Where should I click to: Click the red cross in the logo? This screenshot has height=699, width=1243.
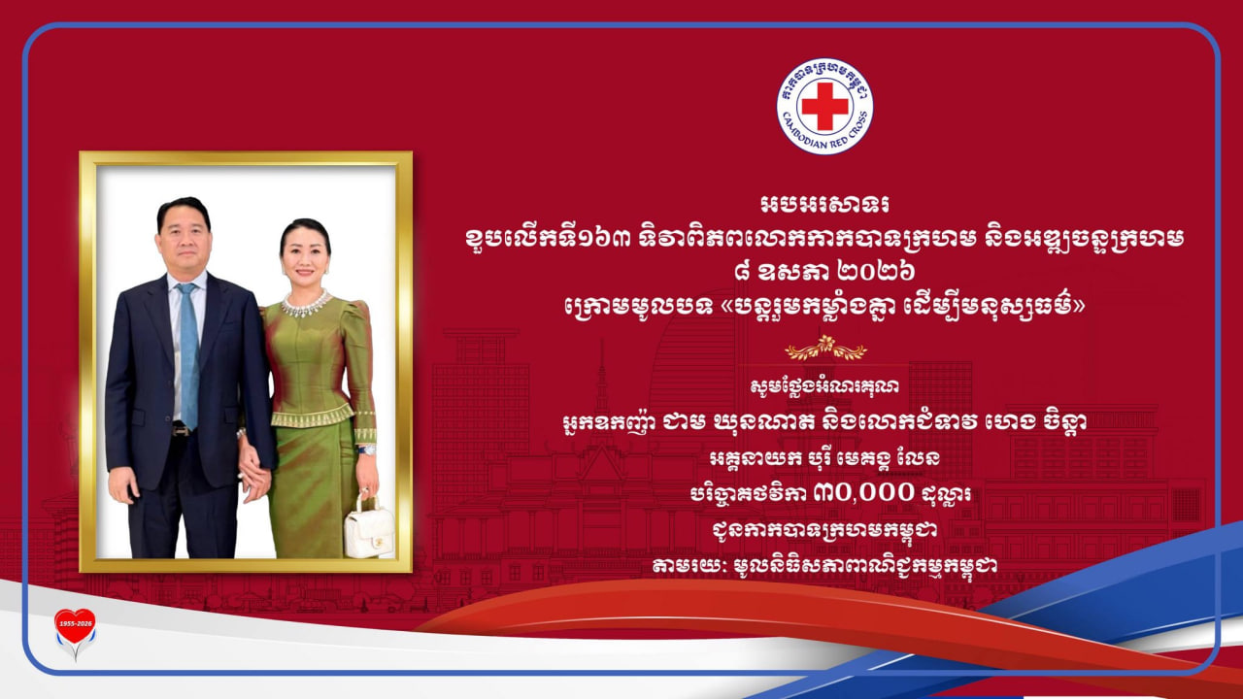pyautogui.click(x=824, y=106)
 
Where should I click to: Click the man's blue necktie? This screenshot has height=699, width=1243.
pyautogui.click(x=188, y=355)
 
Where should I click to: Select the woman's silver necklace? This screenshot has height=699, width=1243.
pyautogui.click(x=306, y=303)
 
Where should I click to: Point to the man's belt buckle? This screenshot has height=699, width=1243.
pyautogui.click(x=182, y=429)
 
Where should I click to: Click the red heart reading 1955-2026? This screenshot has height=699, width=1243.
pyautogui.click(x=75, y=626)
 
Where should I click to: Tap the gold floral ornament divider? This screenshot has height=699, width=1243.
pyautogui.click(x=825, y=349)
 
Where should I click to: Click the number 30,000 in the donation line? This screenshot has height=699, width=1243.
pyautogui.click(x=863, y=492)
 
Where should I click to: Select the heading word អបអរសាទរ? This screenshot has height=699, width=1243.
pyautogui.click(x=824, y=205)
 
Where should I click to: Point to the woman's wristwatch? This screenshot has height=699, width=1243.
pyautogui.click(x=367, y=449)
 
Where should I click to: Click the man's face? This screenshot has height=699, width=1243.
pyautogui.click(x=184, y=240)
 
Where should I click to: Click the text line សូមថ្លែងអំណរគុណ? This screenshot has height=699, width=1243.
pyautogui.click(x=824, y=386)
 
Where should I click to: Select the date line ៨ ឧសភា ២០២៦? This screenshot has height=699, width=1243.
pyautogui.click(x=824, y=272)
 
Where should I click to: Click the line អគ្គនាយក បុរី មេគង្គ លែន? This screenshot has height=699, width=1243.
pyautogui.click(x=824, y=457)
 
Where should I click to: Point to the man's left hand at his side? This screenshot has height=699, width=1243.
pyautogui.click(x=123, y=483)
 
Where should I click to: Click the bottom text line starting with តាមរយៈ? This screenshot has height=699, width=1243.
pyautogui.click(x=824, y=565)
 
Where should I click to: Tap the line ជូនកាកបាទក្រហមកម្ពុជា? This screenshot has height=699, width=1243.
pyautogui.click(x=824, y=529)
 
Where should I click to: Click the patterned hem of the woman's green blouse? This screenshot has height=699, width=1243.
pyautogui.click(x=313, y=416)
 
